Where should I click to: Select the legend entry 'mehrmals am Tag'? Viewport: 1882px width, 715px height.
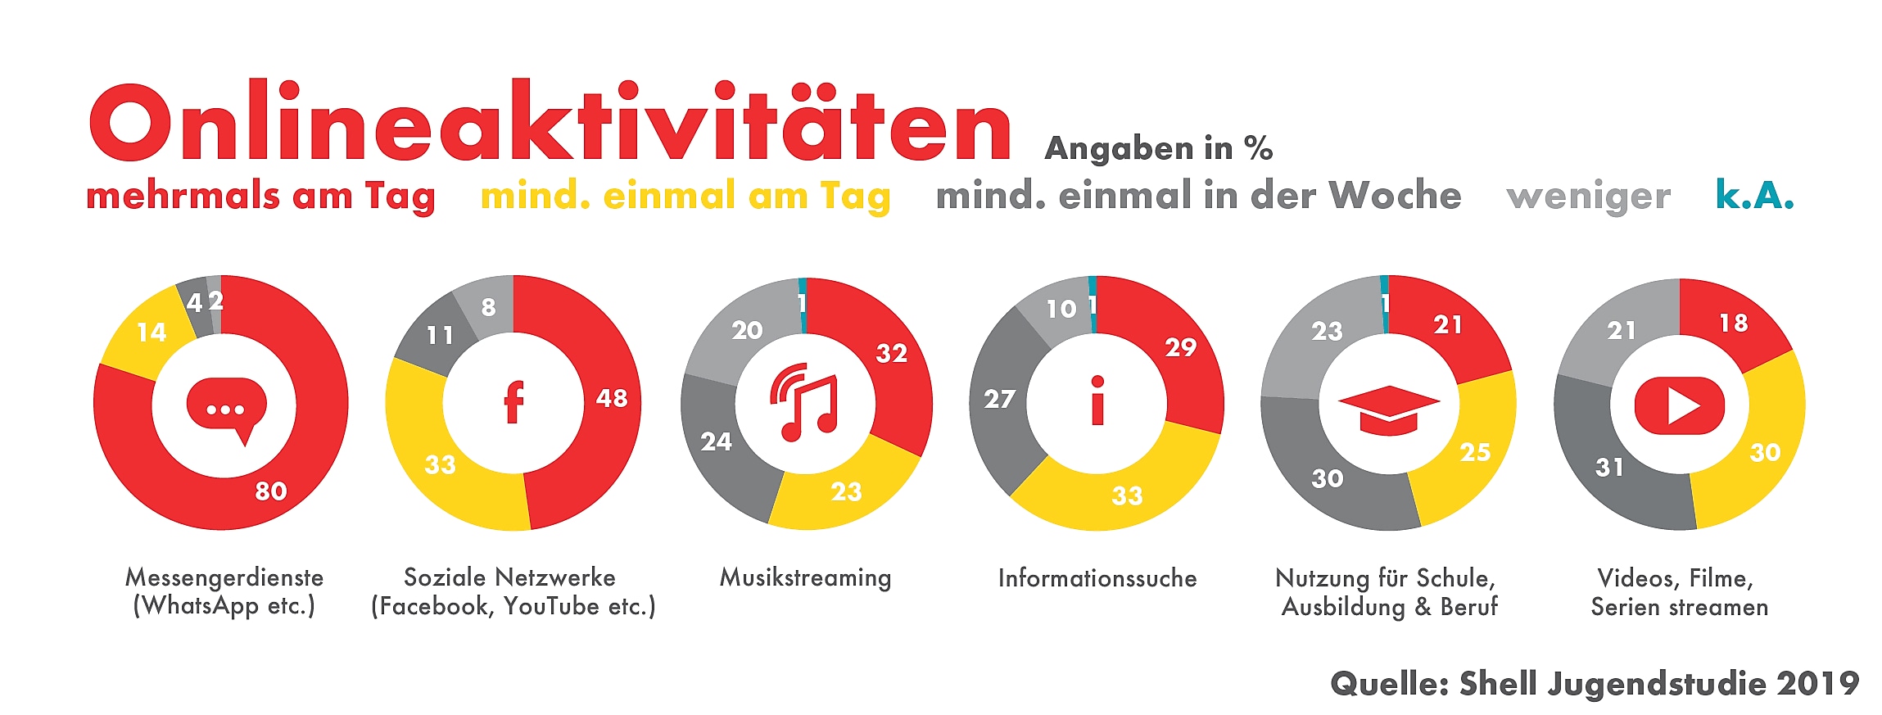(260, 197)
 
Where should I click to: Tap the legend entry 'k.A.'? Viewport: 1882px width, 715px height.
(1754, 195)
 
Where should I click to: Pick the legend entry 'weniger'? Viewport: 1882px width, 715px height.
(1588, 197)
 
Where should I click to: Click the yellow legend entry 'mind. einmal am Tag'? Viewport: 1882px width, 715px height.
(685, 197)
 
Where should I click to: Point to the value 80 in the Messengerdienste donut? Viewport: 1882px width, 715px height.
(271, 491)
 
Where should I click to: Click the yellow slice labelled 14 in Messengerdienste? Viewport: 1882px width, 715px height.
(152, 333)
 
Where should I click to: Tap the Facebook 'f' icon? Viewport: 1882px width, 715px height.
(513, 403)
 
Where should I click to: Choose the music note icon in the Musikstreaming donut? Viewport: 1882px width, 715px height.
(804, 403)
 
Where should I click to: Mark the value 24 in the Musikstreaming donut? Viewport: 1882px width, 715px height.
(716, 442)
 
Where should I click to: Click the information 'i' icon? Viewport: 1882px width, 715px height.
(1097, 401)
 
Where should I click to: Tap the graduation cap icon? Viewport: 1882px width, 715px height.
(1388, 410)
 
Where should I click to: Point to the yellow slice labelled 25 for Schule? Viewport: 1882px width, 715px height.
(1475, 452)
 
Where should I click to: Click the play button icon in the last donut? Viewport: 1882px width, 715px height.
(1679, 405)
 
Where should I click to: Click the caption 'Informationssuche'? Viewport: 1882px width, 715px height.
(1097, 578)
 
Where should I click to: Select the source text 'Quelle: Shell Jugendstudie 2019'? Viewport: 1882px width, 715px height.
(1594, 683)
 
